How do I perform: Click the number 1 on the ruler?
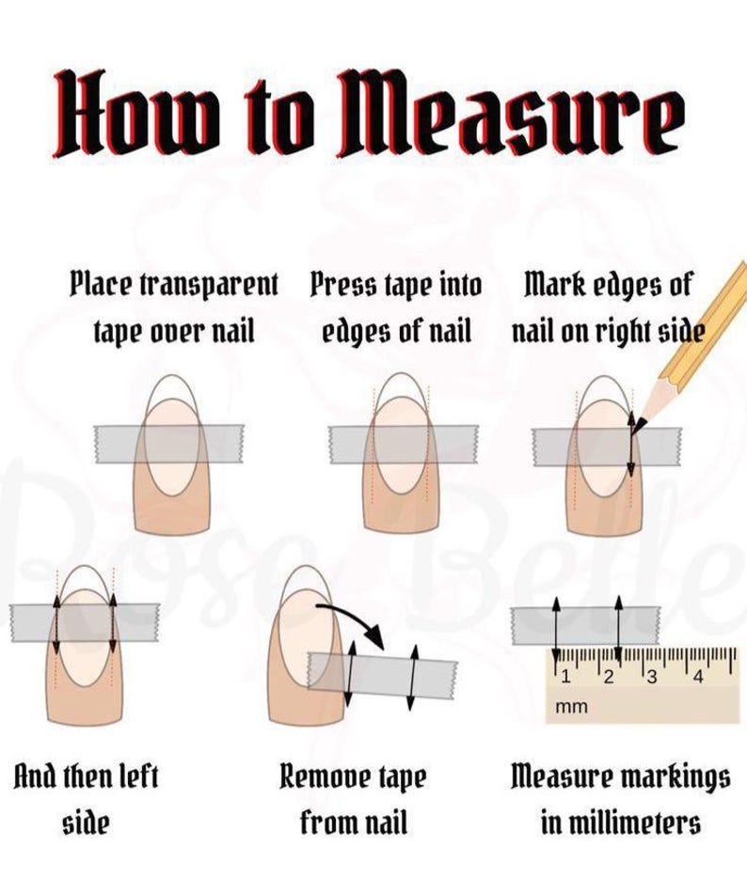coord(565,677)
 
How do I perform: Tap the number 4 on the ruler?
coord(698,677)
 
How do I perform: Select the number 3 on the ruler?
coord(652,677)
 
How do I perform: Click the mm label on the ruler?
coord(572,707)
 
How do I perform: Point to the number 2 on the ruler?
coord(609,677)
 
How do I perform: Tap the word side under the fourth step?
coord(86,823)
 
